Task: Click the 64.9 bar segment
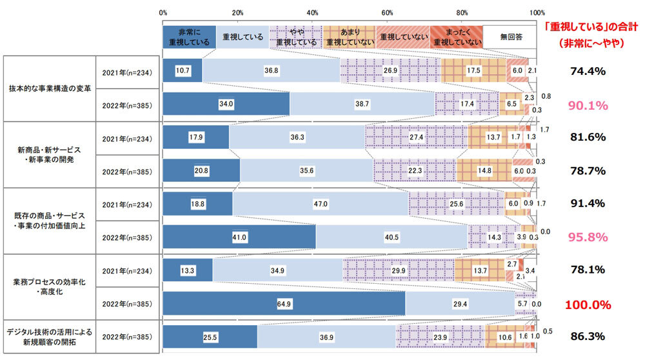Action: coord(284,304)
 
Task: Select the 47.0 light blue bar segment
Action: coord(321,203)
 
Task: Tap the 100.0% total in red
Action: coord(587,304)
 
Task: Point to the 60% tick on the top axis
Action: coord(388,12)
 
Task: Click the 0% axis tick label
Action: coord(163,12)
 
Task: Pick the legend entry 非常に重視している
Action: coord(189,37)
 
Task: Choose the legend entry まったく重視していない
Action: coord(456,37)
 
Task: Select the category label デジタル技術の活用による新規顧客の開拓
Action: coord(48,337)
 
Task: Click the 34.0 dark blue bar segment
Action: coord(226,103)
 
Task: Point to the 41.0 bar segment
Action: coord(239,237)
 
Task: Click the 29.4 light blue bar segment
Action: coord(460,304)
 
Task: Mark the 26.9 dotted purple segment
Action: coord(390,70)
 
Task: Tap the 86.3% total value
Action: coord(587,337)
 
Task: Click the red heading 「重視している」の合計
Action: coord(587,28)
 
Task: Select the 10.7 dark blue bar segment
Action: coord(183,70)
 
